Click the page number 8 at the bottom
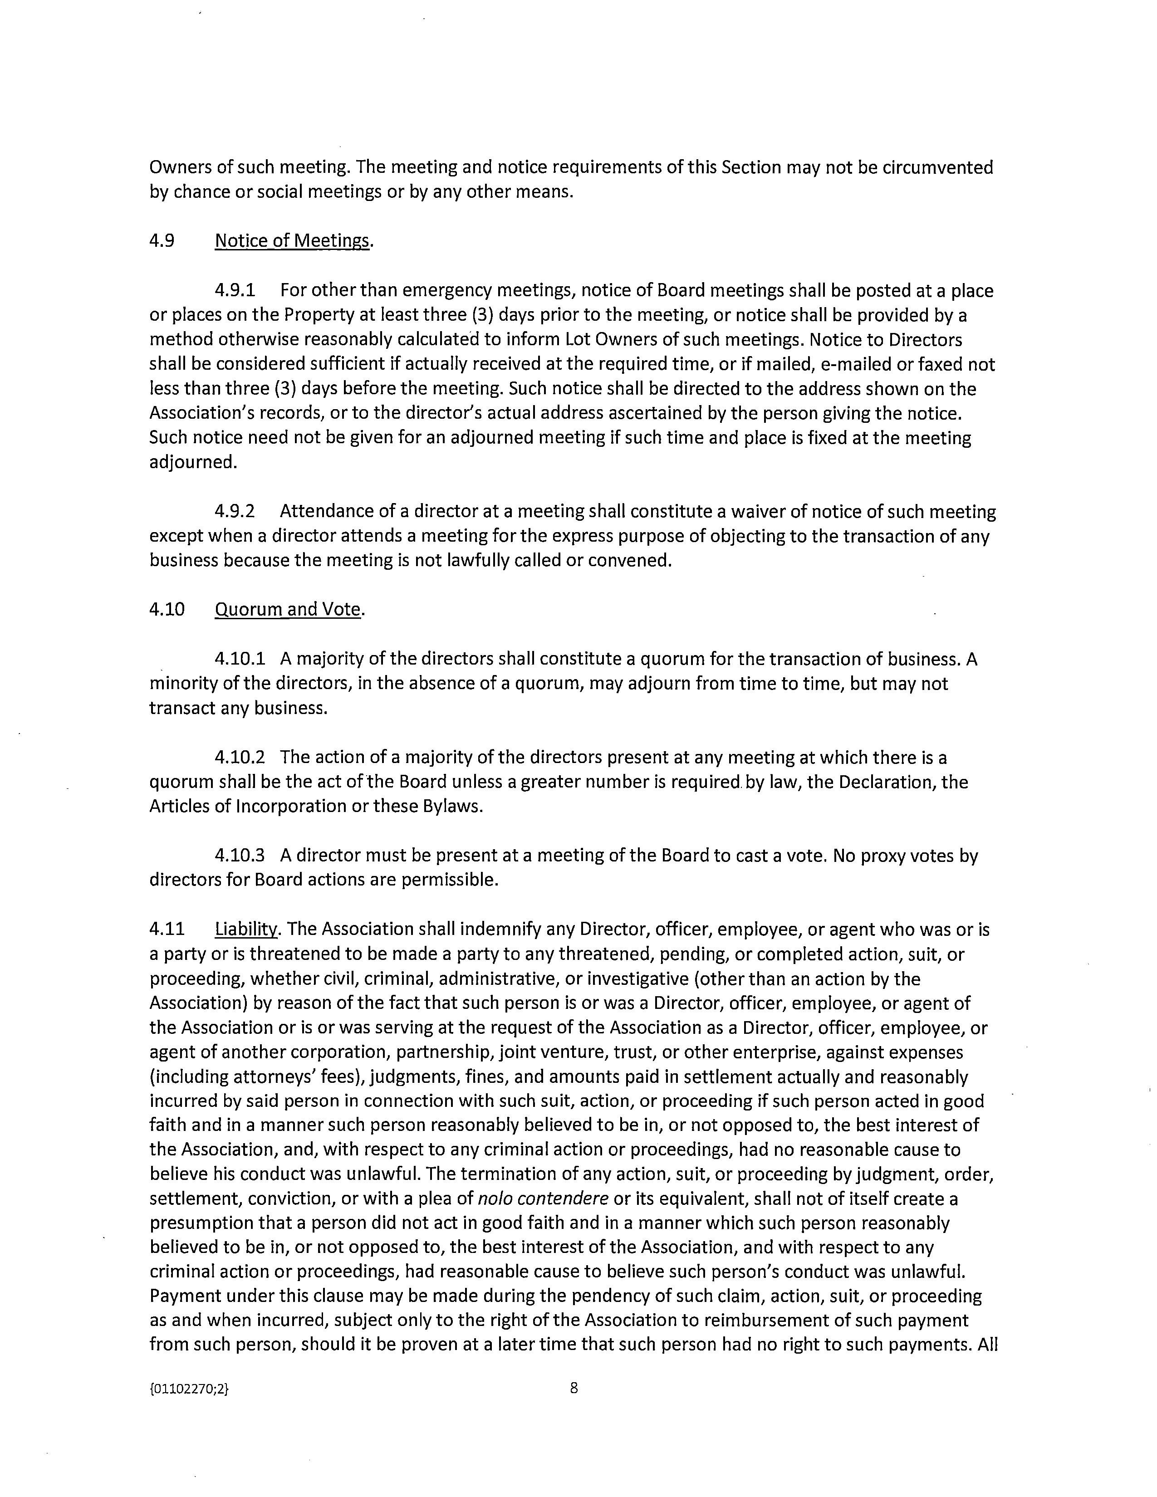pyautogui.click(x=574, y=1389)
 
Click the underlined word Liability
pyautogui.click(x=246, y=930)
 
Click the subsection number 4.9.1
pyautogui.click(x=235, y=291)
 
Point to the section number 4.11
pyautogui.click(x=167, y=930)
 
